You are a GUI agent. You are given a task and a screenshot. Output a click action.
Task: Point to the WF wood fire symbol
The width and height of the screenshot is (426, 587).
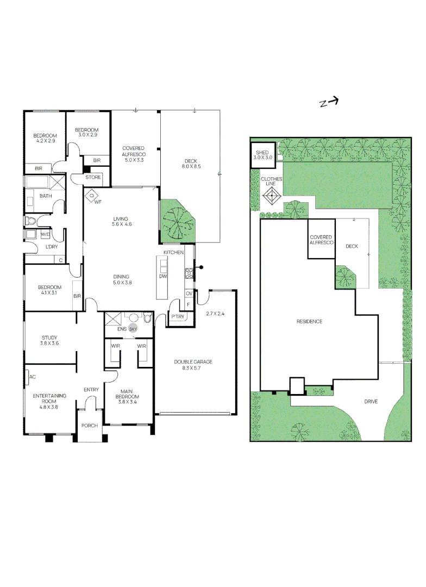93,196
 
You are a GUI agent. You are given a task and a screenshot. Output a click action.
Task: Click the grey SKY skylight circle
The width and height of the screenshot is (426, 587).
133,328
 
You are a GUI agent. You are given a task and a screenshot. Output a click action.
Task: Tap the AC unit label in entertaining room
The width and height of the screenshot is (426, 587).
33,376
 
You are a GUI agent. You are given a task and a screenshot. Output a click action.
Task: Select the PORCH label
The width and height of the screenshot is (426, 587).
90,426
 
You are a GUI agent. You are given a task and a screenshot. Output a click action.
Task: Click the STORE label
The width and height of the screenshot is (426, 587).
93,177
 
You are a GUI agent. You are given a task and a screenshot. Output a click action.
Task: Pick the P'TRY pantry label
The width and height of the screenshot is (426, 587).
177,317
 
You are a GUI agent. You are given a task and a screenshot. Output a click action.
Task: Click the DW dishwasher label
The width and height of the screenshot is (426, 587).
162,276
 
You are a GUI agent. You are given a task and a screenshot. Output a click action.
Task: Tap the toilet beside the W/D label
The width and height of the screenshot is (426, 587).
31,221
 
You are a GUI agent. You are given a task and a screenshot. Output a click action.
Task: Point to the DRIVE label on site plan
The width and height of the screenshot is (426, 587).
371,402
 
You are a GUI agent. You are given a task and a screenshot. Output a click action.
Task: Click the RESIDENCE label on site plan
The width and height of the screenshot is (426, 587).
309,321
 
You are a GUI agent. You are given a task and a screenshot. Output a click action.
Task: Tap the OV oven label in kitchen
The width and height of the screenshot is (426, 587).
189,293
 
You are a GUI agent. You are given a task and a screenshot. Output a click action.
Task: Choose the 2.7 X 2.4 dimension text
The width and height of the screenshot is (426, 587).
216,314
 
